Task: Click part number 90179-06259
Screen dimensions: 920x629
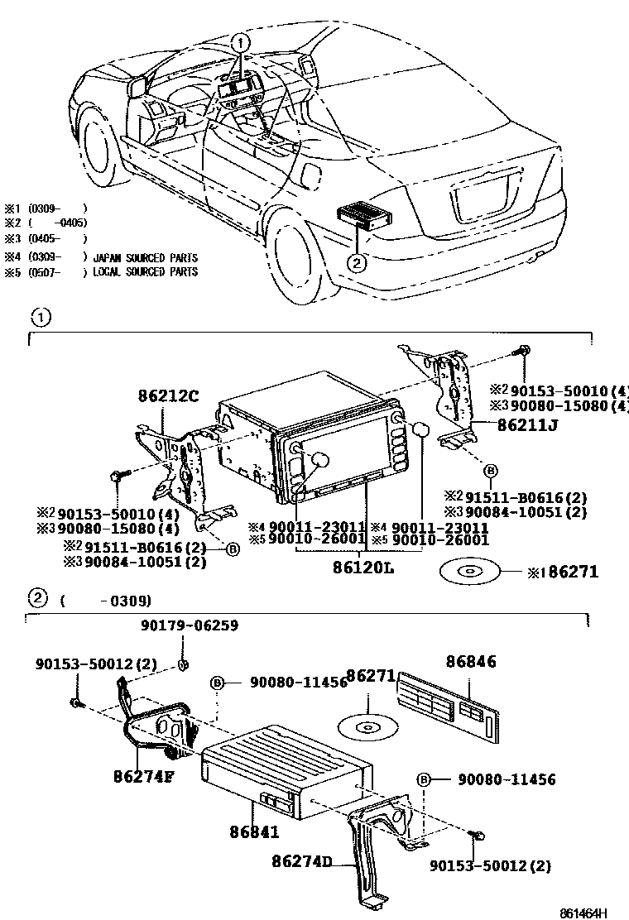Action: [x=188, y=626]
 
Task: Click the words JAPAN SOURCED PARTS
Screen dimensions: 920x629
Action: [x=146, y=257]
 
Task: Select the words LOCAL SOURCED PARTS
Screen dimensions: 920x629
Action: [x=146, y=271]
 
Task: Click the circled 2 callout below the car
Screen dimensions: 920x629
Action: [x=355, y=264]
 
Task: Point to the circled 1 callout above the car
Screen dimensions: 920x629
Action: [x=238, y=42]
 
